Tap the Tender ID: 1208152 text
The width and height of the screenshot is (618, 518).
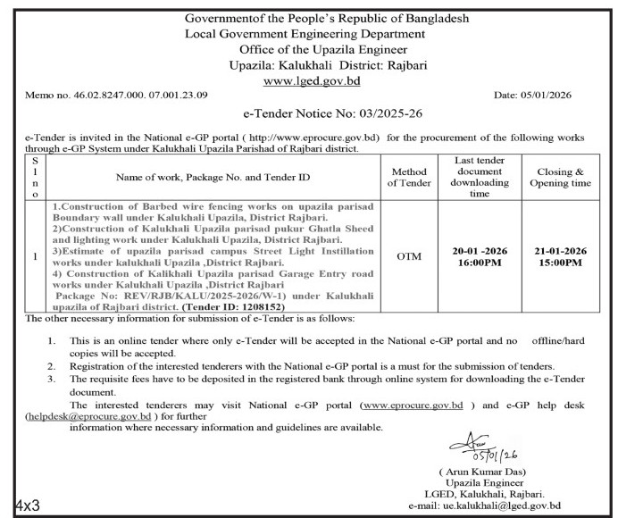[245, 306]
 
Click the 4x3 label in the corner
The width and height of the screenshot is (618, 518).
[26, 505]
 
